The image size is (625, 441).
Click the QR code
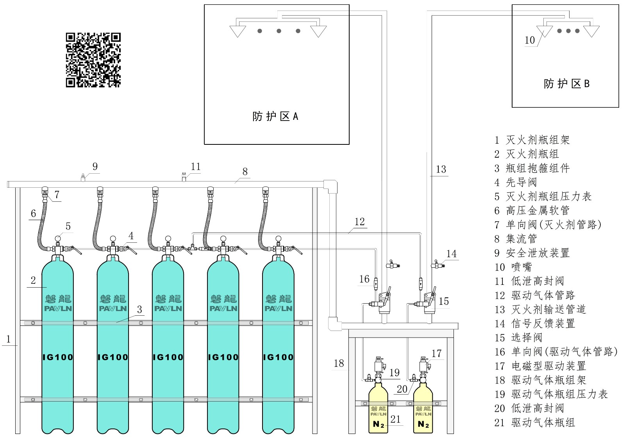point(93,60)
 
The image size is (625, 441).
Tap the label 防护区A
point(275,116)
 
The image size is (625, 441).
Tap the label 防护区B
point(567,84)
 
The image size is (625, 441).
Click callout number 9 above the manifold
point(95,166)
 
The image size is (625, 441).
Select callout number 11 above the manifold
point(196,166)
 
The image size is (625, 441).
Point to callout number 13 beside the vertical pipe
point(441,169)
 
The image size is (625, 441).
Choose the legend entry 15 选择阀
point(518,338)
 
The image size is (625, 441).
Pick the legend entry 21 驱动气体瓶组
point(535,423)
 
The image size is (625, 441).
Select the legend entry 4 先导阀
point(516,182)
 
